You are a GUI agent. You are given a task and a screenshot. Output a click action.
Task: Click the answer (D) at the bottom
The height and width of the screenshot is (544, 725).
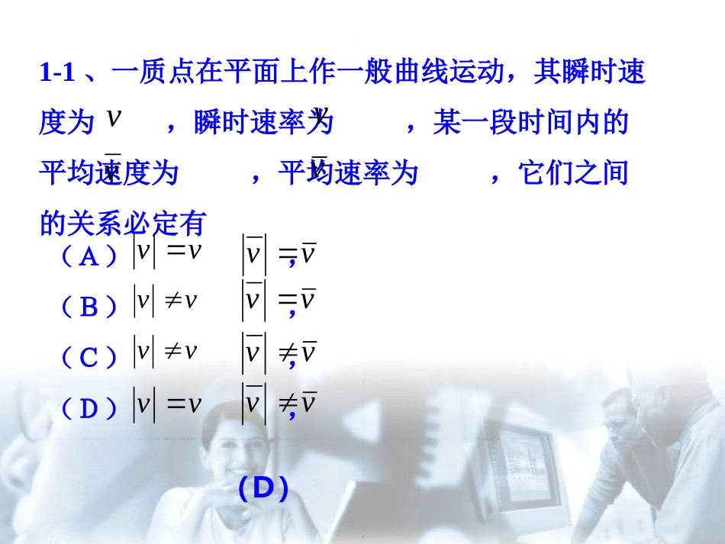coord(263,488)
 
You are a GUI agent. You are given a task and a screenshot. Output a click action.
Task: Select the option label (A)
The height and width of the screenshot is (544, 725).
coord(89,257)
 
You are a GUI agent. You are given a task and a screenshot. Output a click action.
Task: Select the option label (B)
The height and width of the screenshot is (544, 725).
coord(89,307)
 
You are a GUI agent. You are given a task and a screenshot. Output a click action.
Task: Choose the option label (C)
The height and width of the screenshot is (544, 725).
coord(89,357)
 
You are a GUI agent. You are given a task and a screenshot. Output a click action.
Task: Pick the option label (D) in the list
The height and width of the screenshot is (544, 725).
coord(89,409)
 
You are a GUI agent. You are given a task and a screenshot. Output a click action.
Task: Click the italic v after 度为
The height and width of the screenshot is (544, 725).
coord(114,118)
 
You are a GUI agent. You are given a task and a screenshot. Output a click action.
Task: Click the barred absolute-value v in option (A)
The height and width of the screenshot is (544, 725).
coord(253,253)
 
